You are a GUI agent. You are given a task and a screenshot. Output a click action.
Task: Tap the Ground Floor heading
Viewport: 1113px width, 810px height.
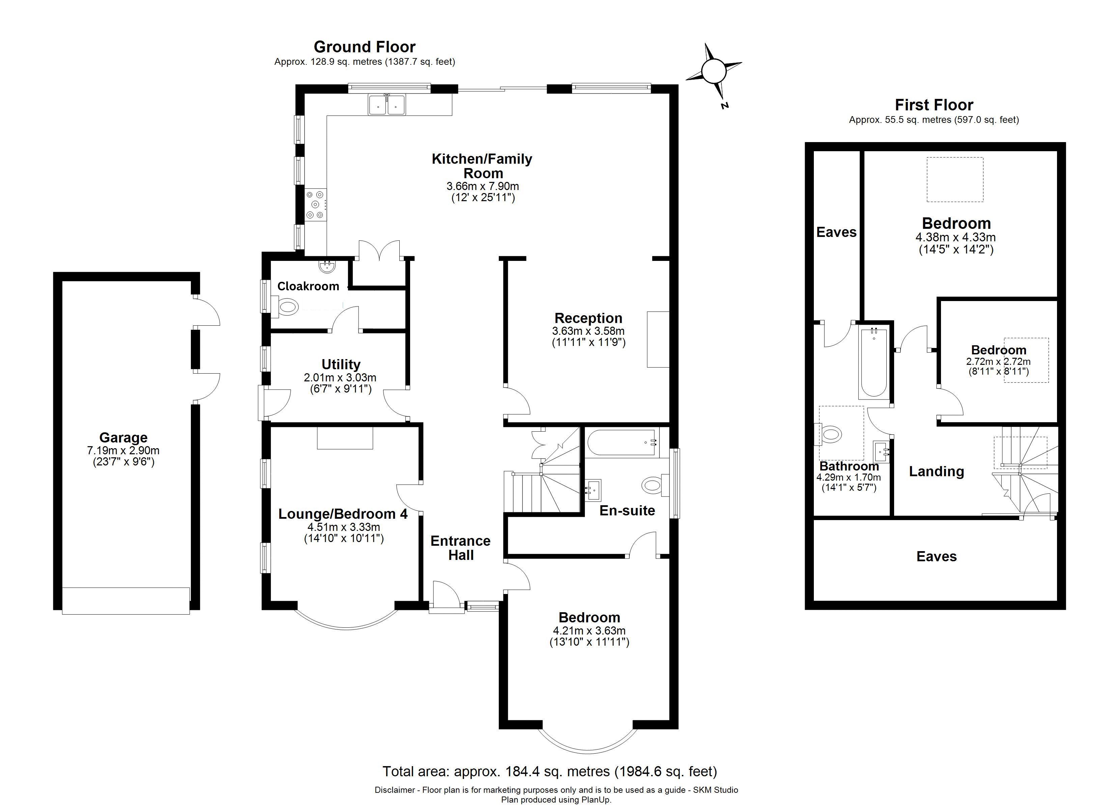tap(365, 47)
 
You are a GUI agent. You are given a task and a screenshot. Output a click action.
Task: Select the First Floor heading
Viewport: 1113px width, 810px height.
tap(934, 105)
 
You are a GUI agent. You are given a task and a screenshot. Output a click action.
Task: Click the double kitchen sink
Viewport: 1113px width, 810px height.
tap(387, 105)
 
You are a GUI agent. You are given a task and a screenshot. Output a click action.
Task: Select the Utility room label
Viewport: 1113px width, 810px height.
tap(341, 364)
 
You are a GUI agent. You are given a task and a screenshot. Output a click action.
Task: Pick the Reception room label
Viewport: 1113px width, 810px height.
tap(589, 318)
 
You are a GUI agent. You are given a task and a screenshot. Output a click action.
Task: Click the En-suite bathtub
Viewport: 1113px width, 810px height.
tap(621, 442)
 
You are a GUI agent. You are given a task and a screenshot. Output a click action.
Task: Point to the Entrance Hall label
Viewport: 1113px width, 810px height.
tap(461, 548)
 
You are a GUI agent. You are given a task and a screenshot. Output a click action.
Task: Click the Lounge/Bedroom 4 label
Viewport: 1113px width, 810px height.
tap(343, 514)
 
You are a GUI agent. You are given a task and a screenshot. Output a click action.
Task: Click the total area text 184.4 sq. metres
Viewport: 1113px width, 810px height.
tap(550, 772)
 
